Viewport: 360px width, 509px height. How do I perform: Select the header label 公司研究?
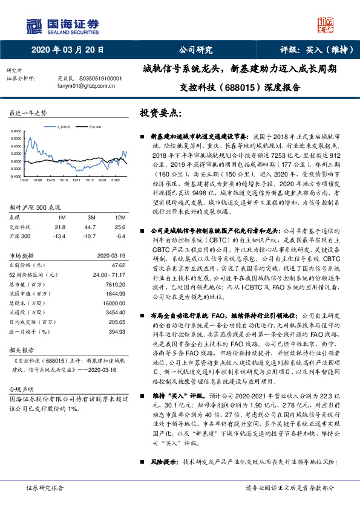(195, 50)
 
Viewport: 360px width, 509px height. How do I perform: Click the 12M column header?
(120, 200)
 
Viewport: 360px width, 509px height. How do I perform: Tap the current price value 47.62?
(119, 247)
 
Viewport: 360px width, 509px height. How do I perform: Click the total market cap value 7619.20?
(116, 267)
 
